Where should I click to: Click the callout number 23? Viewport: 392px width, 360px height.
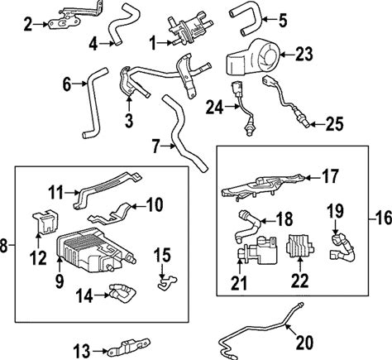[x=304, y=54]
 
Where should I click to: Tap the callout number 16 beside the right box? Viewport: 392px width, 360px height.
[x=385, y=218]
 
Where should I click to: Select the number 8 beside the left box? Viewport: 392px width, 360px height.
[x=3, y=245]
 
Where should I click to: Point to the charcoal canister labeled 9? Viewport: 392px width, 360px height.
[x=93, y=250]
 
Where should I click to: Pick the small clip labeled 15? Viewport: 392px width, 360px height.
[x=167, y=282]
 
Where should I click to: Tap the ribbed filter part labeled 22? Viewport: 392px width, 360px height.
[x=300, y=246]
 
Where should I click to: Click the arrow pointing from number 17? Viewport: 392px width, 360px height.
[x=311, y=178]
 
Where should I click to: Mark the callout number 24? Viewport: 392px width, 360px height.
[x=214, y=108]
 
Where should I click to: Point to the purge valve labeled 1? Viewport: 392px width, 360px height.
[x=190, y=27]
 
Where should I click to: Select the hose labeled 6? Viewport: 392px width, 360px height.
[x=93, y=102]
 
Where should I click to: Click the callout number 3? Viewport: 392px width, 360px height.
[x=129, y=121]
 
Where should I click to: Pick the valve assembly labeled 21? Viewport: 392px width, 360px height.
[x=257, y=251]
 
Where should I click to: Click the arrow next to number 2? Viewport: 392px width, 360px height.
[x=41, y=25]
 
